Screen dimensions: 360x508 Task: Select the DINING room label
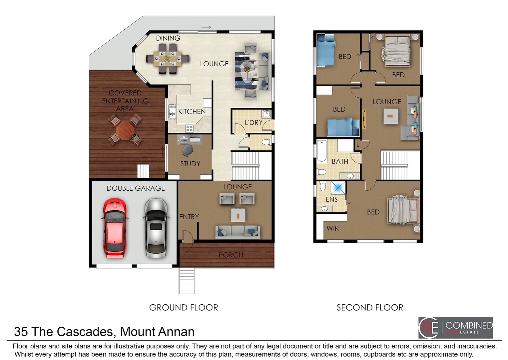coord(168,38)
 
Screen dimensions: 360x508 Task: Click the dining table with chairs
coord(168,59)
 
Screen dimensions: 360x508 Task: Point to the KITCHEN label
coord(192,112)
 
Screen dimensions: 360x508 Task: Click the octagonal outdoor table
coord(125,130)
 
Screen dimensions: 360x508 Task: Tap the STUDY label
coord(190,164)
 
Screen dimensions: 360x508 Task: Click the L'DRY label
coord(254,123)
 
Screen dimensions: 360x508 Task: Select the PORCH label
coord(231,255)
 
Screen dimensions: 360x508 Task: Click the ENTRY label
coord(189,217)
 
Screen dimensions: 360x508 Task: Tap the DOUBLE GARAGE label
coord(136,188)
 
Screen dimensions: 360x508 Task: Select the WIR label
coord(332,229)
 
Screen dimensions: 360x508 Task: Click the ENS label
coord(331,200)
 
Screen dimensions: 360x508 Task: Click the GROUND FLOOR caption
coord(184,308)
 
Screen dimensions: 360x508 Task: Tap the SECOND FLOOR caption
coord(370,308)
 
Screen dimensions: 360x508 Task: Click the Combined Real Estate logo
coord(455,328)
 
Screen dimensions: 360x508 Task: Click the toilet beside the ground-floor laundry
coord(266,142)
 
